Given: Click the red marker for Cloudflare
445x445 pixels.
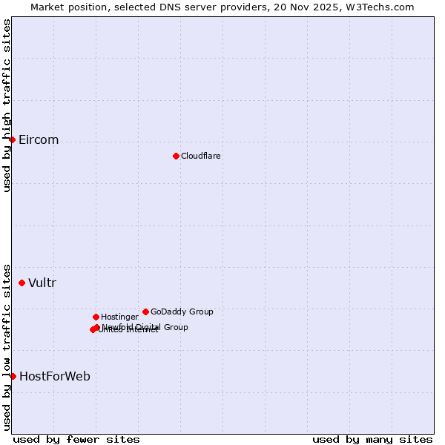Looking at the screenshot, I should (176, 156).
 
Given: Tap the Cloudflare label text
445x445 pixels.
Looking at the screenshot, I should (200, 156).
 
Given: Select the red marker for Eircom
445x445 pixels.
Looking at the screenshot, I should (12, 139).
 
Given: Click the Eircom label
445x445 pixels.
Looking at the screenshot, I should (39, 140).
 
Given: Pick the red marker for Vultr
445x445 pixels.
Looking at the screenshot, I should (22, 283).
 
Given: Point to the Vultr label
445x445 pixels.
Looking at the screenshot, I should (42, 283).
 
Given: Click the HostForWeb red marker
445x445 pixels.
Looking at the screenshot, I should (13, 376).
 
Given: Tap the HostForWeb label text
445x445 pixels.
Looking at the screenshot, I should (55, 376).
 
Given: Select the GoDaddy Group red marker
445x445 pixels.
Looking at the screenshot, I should (145, 311).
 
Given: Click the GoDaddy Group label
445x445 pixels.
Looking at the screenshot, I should (182, 311).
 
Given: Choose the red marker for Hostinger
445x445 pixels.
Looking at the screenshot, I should (96, 317).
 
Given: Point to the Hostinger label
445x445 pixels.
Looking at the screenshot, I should (119, 317).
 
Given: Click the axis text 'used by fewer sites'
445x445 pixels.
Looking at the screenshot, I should (76, 439).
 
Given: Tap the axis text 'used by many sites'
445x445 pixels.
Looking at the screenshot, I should (372, 439).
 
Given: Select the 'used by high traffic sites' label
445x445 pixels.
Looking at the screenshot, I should (7, 105).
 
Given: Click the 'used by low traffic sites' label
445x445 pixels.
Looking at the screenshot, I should (7, 346).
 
